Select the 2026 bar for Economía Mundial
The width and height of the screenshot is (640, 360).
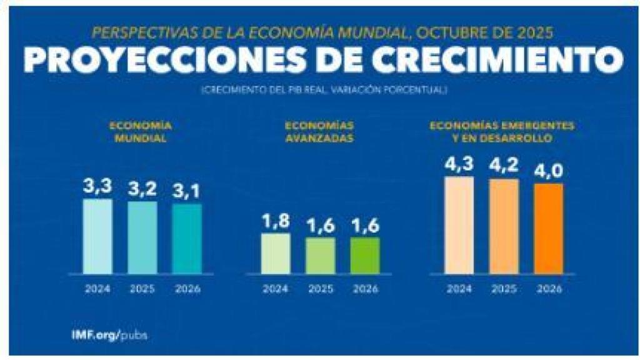(187, 239)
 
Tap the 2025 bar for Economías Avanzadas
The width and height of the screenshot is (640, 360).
(320, 255)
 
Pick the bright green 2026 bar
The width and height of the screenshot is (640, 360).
(365, 255)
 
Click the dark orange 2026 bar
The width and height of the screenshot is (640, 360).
(549, 228)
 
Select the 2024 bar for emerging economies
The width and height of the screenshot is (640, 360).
(459, 225)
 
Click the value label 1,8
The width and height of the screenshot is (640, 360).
(275, 222)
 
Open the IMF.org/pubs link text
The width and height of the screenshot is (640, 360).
(110, 334)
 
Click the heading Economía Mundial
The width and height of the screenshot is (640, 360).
(141, 131)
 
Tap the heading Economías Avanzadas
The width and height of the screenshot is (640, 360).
(319, 131)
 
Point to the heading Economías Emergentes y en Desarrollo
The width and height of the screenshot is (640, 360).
(502, 131)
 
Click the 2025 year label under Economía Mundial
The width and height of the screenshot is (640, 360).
(142, 289)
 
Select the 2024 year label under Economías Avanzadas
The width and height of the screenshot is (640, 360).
(275, 289)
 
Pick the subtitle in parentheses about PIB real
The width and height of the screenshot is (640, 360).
(324, 91)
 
